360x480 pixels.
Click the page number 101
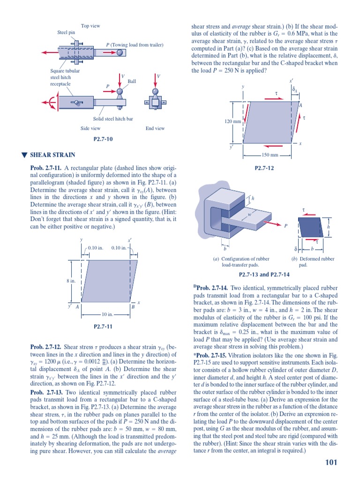pyautogui.click(x=331, y=463)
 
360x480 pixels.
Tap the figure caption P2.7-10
pyautogui.click(x=103, y=139)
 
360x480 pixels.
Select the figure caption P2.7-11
pyautogui.click(x=104, y=326)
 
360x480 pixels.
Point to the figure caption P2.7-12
pyautogui.click(x=264, y=167)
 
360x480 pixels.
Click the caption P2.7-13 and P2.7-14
pyautogui.click(x=264, y=275)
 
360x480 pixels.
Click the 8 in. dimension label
pyautogui.click(x=71, y=281)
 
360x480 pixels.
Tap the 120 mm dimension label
pyautogui.click(x=233, y=121)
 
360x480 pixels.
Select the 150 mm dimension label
pyautogui.click(x=270, y=155)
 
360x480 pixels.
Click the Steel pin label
pyautogui.click(x=66, y=32)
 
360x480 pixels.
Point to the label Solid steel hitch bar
pyautogui.click(x=113, y=119)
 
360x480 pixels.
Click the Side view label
pyautogui.click(x=90, y=128)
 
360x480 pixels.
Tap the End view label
pyautogui.click(x=155, y=128)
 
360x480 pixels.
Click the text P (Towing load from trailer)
pyautogui.click(x=135, y=45)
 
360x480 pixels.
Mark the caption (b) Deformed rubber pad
pyautogui.click(x=313, y=262)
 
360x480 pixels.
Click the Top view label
pyautogui.click(x=90, y=26)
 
